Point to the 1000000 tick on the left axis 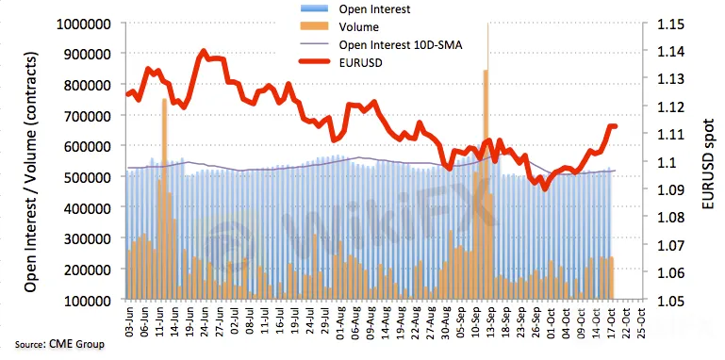(x=87, y=24)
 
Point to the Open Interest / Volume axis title (x=30, y=172)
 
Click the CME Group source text (x=59, y=344)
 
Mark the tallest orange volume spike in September (x=486, y=184)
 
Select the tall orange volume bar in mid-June (x=164, y=198)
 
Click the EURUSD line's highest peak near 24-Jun (x=204, y=51)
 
